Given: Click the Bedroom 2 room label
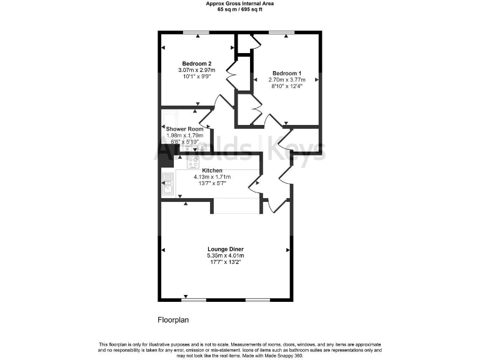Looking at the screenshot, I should tap(197, 63).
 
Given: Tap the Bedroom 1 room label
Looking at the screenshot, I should tap(287, 72).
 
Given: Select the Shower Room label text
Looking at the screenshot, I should tap(184, 129).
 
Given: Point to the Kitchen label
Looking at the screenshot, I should tap(212, 170).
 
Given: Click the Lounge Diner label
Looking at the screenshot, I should tap(225, 249).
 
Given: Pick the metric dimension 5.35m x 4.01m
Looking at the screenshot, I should tap(225, 256).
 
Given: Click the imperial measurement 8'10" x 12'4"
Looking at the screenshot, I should tap(287, 87).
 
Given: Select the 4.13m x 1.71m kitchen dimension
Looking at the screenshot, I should tap(212, 177).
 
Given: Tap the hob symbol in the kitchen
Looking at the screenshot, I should tap(193, 162).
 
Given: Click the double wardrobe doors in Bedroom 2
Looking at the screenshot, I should tap(231, 75).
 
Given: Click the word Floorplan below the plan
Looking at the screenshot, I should tap(173, 319).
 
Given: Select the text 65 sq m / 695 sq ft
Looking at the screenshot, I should tap(240, 9).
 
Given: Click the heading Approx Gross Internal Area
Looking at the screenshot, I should tap(240, 4).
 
